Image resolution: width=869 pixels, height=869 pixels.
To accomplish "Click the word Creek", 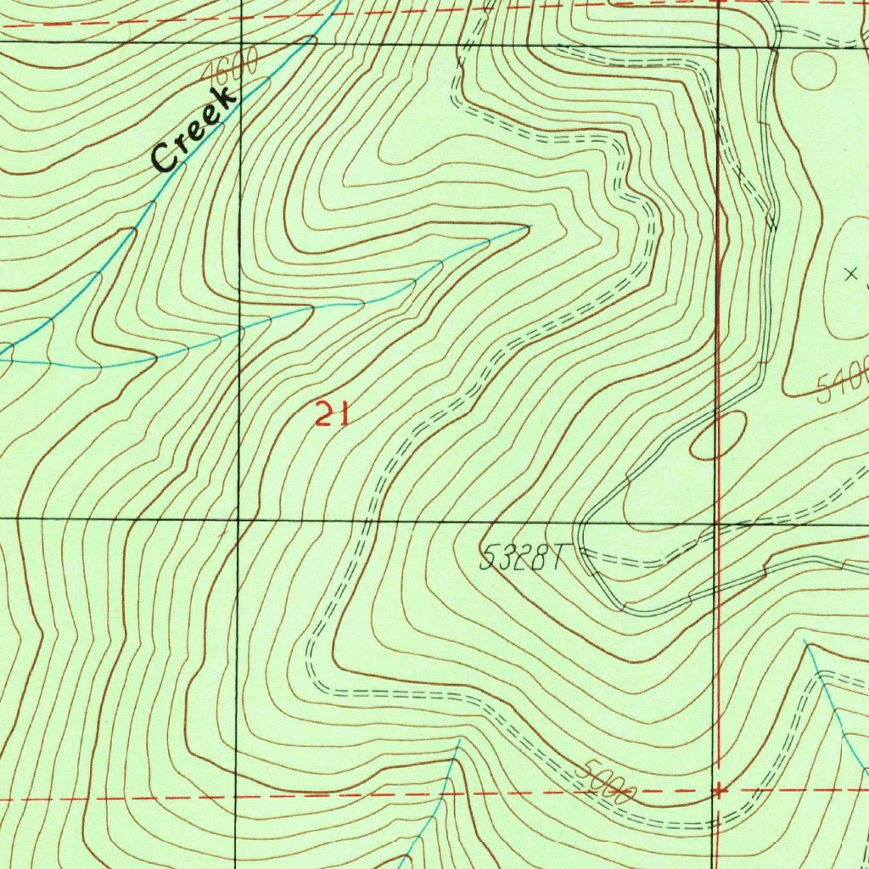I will point(193,129).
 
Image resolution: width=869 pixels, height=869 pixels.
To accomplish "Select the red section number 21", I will point(331,415).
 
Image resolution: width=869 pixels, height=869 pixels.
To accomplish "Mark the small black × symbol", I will point(852,274).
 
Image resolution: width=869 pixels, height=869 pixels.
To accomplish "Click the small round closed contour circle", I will point(813,70).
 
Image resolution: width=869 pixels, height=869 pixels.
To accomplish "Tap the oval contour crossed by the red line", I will point(718,436).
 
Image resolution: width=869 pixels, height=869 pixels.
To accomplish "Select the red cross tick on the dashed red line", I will point(719,791).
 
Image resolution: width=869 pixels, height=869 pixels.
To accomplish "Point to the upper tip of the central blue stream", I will point(529,227).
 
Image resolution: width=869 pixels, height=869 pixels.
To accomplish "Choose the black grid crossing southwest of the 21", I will point(238,519).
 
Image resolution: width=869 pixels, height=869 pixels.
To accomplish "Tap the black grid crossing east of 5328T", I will point(718,524).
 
